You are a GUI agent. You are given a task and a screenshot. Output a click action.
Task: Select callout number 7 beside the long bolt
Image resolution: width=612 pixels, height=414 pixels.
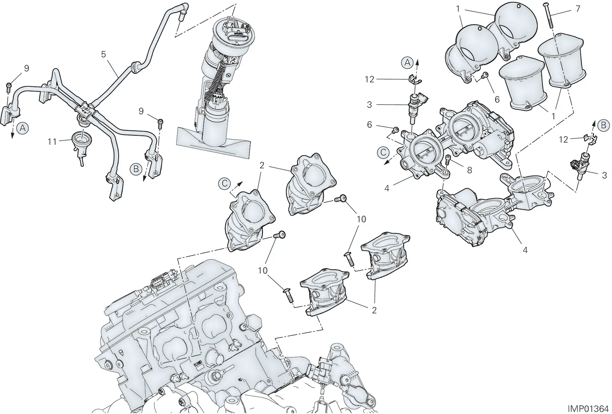pos(578,9)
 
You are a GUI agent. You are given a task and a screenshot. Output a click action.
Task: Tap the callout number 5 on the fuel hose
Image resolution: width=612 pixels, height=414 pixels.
pos(103,54)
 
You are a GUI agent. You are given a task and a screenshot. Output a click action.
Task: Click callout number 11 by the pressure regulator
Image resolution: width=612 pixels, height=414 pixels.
pos(52,142)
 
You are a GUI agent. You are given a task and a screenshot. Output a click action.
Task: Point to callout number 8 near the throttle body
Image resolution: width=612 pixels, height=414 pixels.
pos(469,170)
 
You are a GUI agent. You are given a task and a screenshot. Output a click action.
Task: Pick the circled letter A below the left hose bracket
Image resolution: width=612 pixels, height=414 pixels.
pos(23,128)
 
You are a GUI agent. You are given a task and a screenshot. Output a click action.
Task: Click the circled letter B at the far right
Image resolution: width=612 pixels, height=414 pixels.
pos(603,125)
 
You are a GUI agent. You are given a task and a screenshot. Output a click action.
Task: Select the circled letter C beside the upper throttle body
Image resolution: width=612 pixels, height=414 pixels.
pos(383,153)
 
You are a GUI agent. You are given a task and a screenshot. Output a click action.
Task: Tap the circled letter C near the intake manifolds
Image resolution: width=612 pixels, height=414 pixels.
pos(225,183)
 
